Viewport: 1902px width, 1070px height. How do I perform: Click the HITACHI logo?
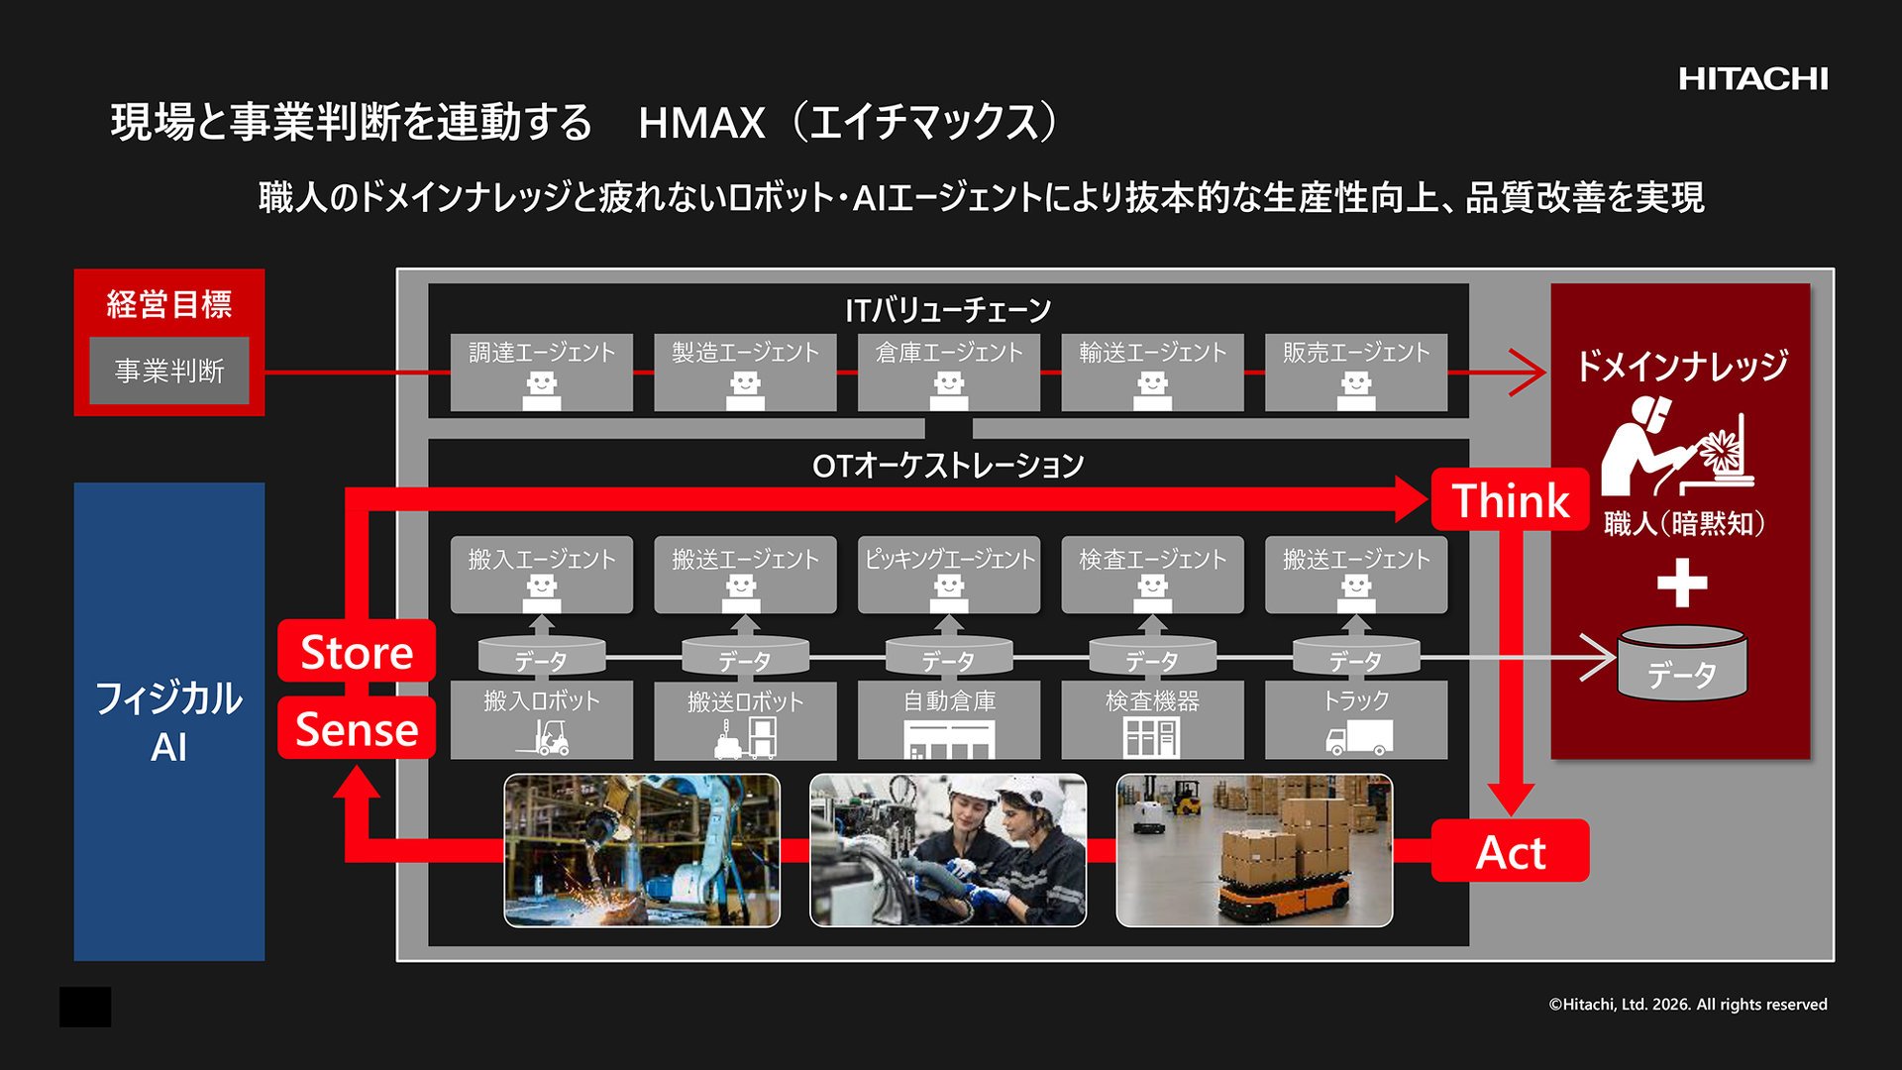point(1752,79)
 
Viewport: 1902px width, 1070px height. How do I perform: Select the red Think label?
point(1510,499)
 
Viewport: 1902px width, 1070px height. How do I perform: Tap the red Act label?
point(1510,851)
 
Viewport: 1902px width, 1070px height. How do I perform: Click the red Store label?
point(357,651)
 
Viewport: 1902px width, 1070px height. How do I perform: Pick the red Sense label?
point(357,728)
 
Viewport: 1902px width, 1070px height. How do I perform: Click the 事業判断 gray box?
point(169,371)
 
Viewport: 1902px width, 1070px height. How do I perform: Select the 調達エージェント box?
point(542,373)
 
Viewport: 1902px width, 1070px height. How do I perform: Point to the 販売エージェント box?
point(1356,373)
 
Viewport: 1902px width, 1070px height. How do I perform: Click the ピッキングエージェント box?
point(949,576)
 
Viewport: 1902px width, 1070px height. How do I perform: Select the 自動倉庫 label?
point(949,701)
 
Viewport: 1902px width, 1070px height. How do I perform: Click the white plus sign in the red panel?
point(1682,583)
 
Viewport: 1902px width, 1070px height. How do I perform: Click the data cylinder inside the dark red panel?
point(1682,663)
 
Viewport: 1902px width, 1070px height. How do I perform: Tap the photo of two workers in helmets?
point(948,850)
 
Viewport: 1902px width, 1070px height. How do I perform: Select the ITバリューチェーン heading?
point(948,310)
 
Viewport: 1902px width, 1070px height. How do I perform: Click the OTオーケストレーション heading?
point(948,466)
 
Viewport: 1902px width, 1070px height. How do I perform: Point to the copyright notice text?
point(1688,1005)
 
